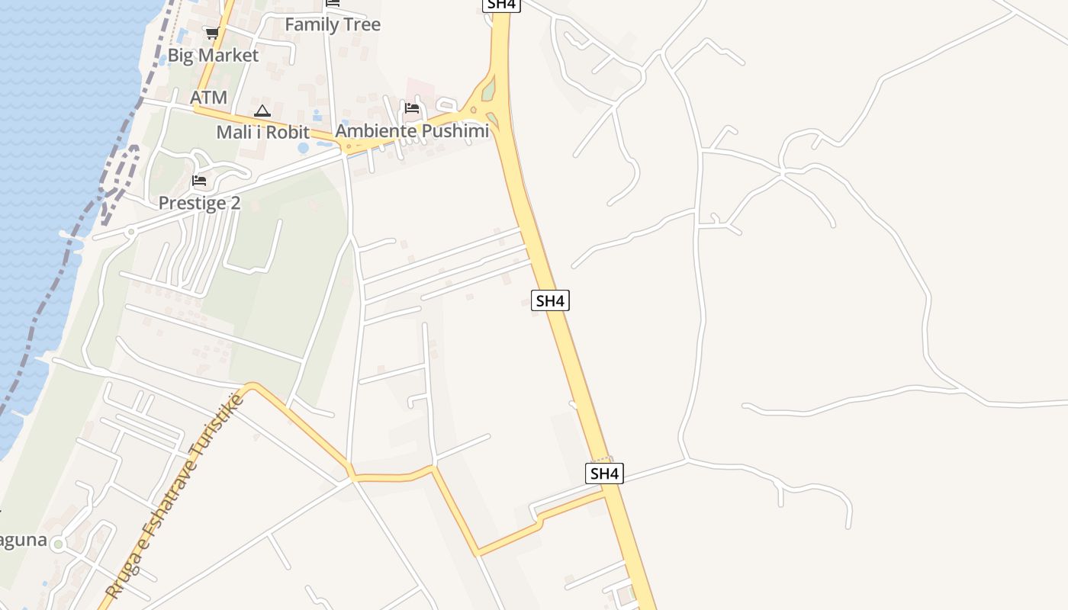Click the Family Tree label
click(333, 24)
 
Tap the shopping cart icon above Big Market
click(212, 33)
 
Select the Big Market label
click(213, 55)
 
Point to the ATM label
click(208, 98)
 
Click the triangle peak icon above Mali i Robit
click(262, 111)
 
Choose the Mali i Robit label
click(262, 132)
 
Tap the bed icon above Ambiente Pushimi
click(412, 108)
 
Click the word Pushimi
click(454, 131)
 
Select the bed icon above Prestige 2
click(199, 181)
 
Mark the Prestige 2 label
click(199, 203)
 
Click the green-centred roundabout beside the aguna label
click(58, 544)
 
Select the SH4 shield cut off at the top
click(501, 4)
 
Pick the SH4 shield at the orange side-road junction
click(604, 474)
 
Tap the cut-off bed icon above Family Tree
click(332, 3)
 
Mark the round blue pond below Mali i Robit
click(304, 147)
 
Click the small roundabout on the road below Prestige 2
click(131, 230)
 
